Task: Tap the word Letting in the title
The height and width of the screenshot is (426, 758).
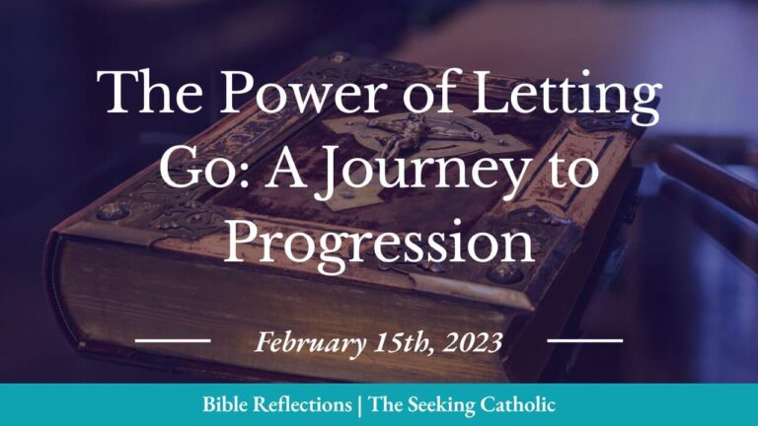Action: click(575, 96)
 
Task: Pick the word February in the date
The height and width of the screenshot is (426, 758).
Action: click(307, 343)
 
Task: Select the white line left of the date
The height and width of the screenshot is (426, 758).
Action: click(173, 341)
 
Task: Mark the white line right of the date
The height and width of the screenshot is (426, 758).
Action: click(585, 341)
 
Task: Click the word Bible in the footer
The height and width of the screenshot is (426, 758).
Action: click(226, 405)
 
